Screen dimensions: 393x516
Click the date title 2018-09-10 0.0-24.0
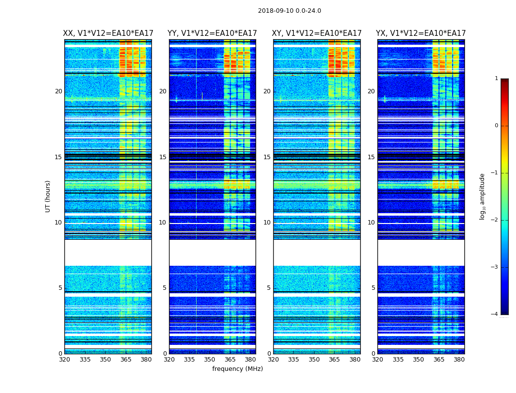(x=289, y=11)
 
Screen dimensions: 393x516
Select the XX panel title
(x=108, y=33)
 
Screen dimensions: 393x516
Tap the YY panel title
(x=212, y=33)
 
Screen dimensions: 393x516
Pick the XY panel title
(x=317, y=33)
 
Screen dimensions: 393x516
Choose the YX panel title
(x=421, y=33)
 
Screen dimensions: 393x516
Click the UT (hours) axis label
(x=48, y=196)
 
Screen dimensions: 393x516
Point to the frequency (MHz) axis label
(x=237, y=369)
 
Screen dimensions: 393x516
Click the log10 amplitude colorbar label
(x=483, y=196)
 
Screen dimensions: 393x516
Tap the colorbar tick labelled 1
(x=496, y=79)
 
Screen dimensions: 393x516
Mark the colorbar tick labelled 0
(x=496, y=126)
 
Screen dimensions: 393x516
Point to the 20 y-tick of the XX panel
(x=58, y=91)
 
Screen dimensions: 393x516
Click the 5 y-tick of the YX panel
(x=373, y=288)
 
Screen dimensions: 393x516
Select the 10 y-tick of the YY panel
(x=163, y=223)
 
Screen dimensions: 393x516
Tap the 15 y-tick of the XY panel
(x=267, y=157)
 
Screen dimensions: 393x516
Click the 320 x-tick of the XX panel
(x=64, y=360)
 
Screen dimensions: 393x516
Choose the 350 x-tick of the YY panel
(x=210, y=360)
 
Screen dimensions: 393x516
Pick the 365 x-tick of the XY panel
(x=334, y=360)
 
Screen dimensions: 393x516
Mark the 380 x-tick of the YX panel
(x=459, y=360)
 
